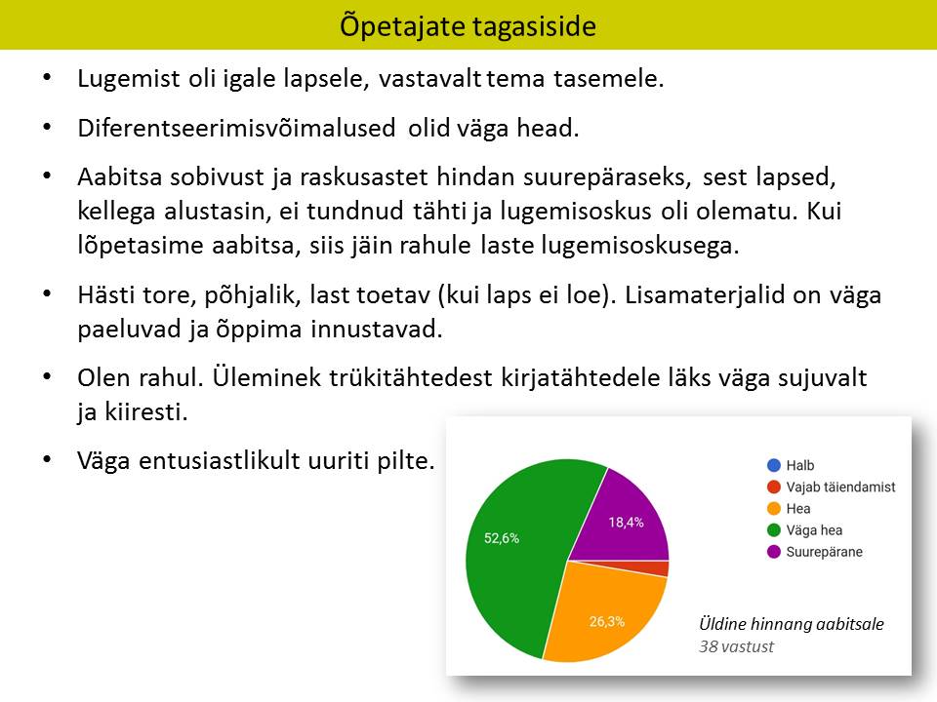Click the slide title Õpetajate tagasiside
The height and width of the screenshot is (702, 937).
pyautogui.click(x=468, y=26)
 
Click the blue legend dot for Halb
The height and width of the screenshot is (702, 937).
pyautogui.click(x=774, y=465)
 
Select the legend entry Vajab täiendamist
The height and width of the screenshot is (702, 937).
pyautogui.click(x=832, y=487)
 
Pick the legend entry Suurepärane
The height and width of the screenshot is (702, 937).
pyautogui.click(x=815, y=552)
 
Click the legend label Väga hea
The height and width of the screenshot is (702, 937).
pyautogui.click(x=814, y=530)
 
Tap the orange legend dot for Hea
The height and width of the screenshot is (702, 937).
pyautogui.click(x=774, y=509)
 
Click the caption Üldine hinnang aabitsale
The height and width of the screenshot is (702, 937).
pyautogui.click(x=792, y=624)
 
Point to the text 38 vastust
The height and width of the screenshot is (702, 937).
pyautogui.click(x=736, y=646)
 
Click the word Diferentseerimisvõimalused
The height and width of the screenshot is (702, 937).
pyautogui.click(x=236, y=128)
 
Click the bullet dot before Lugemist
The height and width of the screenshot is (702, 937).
pyautogui.click(x=47, y=77)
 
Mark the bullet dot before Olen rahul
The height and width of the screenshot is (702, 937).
pyautogui.click(x=47, y=376)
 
